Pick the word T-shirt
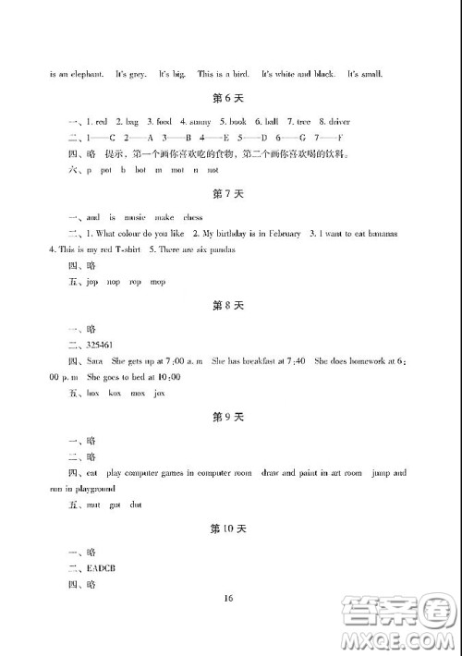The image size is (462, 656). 134,249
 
